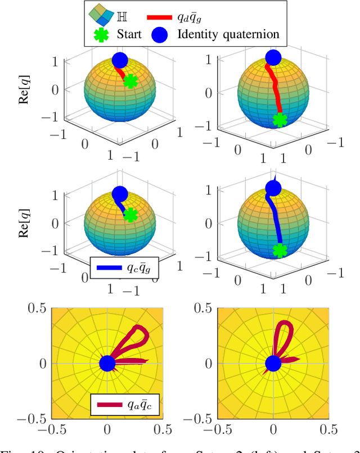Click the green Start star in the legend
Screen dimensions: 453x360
tap(102, 34)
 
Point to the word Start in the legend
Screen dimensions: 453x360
tap(129, 34)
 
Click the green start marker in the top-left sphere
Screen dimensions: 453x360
tap(130, 81)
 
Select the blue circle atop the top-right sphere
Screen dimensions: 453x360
tap(273, 57)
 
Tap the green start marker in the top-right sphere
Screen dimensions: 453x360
tap(279, 120)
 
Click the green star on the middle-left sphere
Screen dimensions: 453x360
tap(130, 215)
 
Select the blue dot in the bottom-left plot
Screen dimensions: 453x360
tap(107, 364)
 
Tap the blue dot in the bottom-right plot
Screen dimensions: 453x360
tap(273, 364)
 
